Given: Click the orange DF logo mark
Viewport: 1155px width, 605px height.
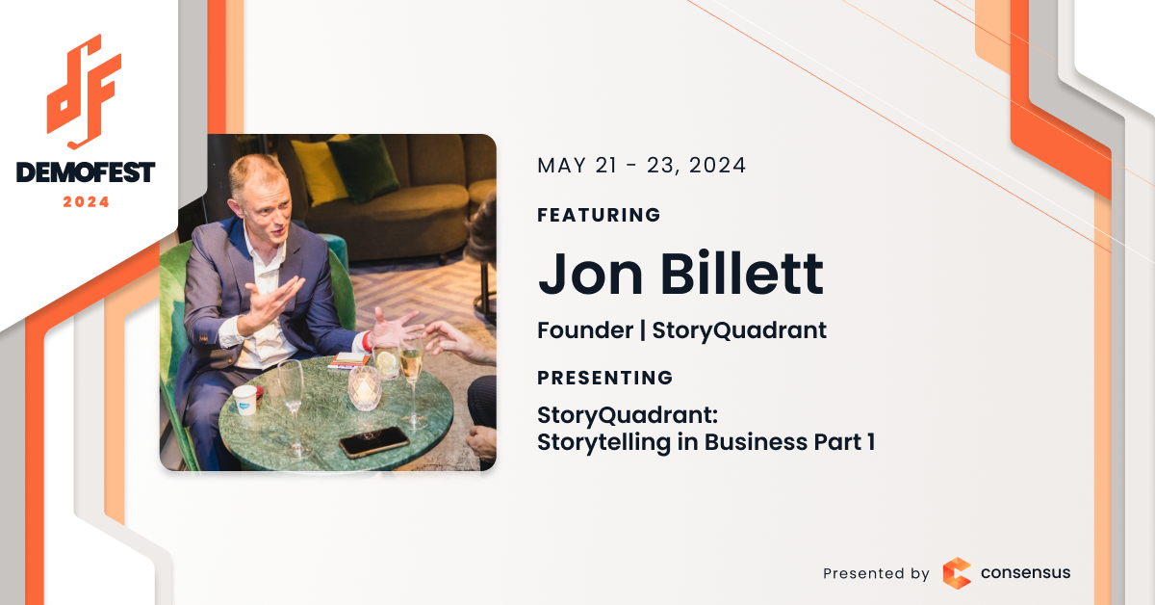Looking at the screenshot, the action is [84, 92].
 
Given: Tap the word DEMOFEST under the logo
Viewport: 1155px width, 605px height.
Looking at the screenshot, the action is [86, 172].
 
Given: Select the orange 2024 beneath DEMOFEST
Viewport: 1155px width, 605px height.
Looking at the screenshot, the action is [86, 202].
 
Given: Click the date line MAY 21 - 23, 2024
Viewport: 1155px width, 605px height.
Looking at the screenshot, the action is [641, 166].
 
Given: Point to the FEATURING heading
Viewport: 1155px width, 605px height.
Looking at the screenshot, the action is [599, 215].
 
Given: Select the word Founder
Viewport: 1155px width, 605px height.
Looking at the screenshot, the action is [585, 330].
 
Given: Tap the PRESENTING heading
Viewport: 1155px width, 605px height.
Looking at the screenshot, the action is [604, 378].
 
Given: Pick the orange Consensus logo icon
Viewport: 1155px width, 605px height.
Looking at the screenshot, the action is [957, 573].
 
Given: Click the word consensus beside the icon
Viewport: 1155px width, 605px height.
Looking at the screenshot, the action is [1025, 572].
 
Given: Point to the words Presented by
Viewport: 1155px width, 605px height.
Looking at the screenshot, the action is [876, 573].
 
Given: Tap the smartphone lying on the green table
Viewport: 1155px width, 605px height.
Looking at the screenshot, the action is [374, 442].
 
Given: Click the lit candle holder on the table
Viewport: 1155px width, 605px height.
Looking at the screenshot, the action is [365, 387].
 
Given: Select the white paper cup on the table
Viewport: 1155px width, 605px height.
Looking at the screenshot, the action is [244, 400].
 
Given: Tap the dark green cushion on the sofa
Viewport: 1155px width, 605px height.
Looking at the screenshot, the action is [364, 168].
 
